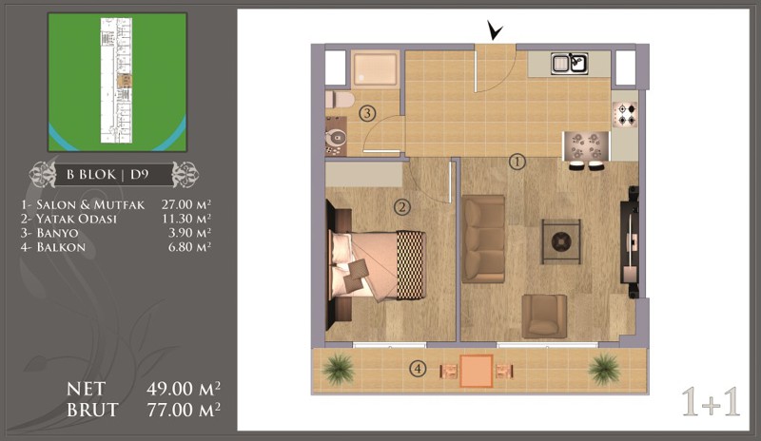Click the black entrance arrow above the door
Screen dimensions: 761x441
tap(495, 32)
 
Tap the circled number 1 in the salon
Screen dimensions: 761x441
tap(517, 162)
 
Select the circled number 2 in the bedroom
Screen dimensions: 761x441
tap(401, 207)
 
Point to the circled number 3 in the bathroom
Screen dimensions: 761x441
tap(367, 113)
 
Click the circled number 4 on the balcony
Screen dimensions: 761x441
tap(418, 370)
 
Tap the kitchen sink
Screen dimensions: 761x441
tap(569, 64)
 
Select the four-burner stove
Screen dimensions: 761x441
tap(625, 115)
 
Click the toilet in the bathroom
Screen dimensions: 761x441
tap(340, 100)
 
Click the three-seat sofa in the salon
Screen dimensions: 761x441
tap(483, 239)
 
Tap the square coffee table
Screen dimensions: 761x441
tap(561, 241)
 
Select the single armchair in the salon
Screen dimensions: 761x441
tap(544, 316)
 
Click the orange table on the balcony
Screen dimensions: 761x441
tap(477, 371)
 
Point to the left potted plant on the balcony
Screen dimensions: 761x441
tap(339, 369)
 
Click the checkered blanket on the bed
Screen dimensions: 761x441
tap(411, 265)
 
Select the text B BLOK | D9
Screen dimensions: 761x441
tap(107, 174)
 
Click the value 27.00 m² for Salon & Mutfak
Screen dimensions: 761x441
tap(186, 204)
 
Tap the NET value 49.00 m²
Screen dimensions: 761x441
tap(184, 388)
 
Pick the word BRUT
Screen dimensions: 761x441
tap(92, 411)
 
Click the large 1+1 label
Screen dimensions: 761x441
tap(711, 402)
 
